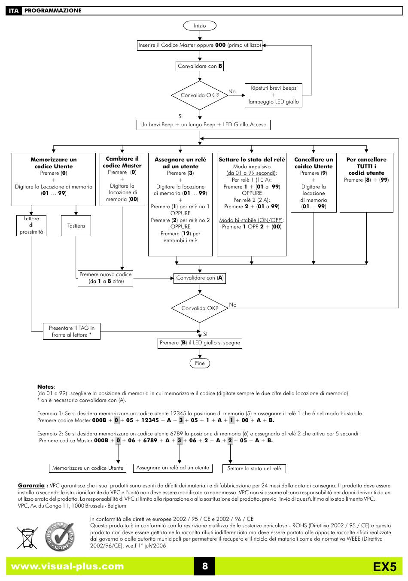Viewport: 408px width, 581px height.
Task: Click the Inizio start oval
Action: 200,26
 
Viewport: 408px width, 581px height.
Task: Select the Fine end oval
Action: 200,363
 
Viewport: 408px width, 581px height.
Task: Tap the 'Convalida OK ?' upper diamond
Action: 200,95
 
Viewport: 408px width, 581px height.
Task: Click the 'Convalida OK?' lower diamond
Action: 200,308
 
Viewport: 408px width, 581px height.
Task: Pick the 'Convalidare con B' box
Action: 200,66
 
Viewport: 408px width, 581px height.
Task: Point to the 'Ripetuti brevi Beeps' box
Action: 274,95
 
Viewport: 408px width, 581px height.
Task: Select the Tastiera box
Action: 76,225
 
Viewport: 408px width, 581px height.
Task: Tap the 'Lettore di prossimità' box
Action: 31,225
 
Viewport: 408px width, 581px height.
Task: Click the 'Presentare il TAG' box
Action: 72,332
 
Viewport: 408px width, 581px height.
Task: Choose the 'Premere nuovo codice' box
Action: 106,278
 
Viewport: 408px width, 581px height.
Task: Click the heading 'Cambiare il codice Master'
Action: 122,162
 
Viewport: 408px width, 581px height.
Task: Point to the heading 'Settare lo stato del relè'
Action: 252,160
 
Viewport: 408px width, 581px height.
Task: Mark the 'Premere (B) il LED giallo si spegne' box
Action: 200,343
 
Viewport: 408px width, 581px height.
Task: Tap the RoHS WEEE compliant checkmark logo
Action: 60,537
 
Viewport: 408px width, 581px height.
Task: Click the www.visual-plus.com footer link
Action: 67,566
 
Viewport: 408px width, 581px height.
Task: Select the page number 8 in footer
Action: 205,566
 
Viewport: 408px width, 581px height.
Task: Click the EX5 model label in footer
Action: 384,567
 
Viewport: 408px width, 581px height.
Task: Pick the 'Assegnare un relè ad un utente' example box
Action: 173,468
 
